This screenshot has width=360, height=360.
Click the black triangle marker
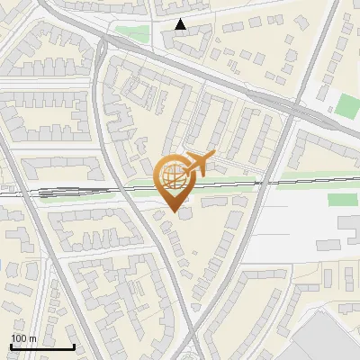(x=182, y=25)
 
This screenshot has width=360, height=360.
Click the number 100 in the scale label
(x=20, y=338)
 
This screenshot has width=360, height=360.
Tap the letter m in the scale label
(x=32, y=338)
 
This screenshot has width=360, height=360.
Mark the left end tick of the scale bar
(x=12, y=346)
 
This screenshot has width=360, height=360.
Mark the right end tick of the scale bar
(x=75, y=346)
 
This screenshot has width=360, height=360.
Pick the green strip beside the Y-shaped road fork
(x=132, y=35)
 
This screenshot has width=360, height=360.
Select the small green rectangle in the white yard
(x=342, y=200)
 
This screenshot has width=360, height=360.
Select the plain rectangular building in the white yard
(x=348, y=223)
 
